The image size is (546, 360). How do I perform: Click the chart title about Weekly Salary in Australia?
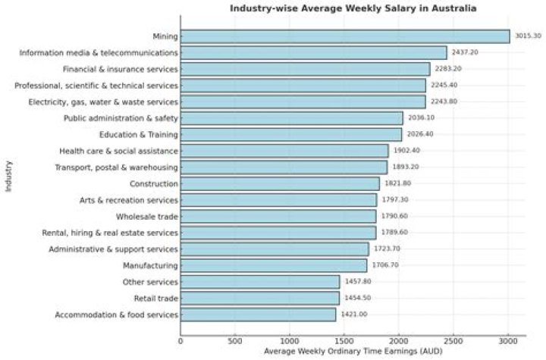click(x=354, y=8)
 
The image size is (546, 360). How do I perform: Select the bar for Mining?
click(x=345, y=36)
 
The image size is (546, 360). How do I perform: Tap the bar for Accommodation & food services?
click(x=258, y=315)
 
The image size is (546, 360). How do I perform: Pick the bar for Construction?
click(x=280, y=183)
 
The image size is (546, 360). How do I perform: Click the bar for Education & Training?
click(x=291, y=134)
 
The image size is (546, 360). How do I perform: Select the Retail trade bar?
click(x=260, y=298)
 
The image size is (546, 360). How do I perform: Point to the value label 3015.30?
click(x=528, y=36)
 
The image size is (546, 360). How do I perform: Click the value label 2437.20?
click(x=465, y=53)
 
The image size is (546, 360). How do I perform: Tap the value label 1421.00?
click(x=354, y=315)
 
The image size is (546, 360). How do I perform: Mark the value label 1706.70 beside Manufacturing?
click(x=385, y=265)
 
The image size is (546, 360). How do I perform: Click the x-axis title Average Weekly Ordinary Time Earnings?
click(x=353, y=352)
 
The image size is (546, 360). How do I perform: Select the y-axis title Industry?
click(x=8, y=175)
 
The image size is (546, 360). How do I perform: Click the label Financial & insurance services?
click(x=121, y=69)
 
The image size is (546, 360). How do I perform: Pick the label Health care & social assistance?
click(x=118, y=151)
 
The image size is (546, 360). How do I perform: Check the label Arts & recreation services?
click(x=128, y=200)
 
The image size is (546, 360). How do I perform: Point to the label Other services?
click(x=150, y=282)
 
